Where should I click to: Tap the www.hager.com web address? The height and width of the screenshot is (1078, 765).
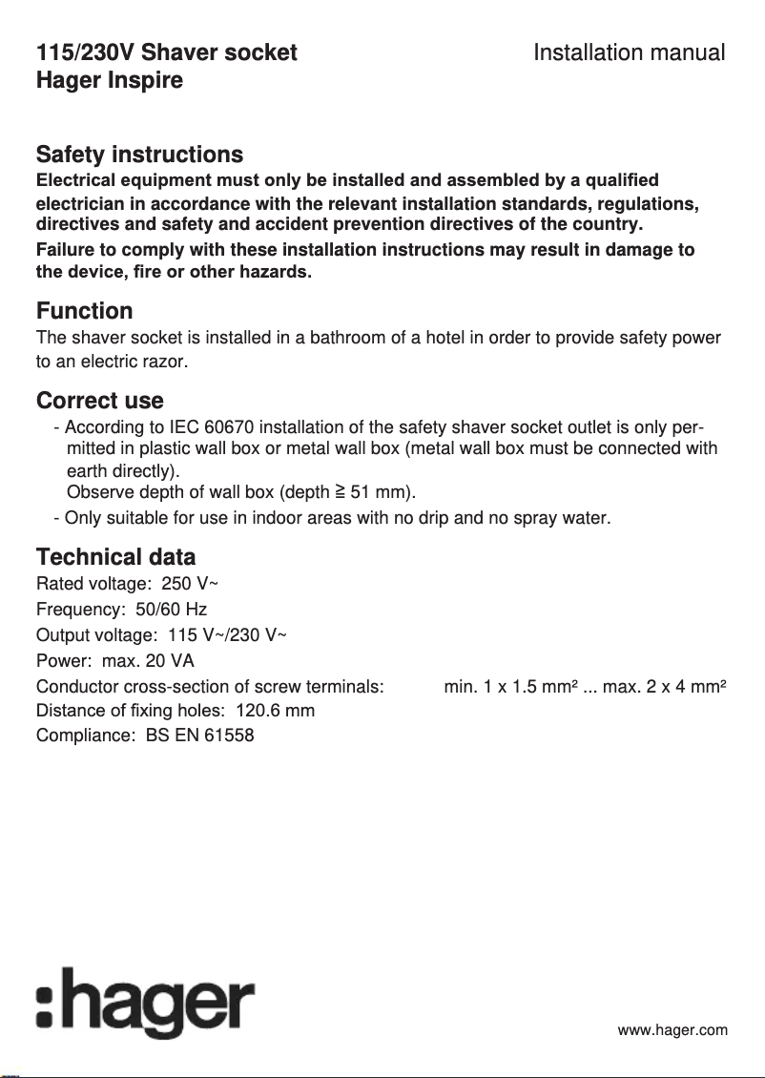[672, 1030]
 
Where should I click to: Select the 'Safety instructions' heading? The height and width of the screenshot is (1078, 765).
[139, 155]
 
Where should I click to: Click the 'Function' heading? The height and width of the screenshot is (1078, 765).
[84, 311]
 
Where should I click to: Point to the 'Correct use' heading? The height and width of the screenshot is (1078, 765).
[99, 401]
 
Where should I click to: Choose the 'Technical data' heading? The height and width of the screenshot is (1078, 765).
[115, 556]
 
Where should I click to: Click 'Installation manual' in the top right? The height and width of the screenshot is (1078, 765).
[629, 52]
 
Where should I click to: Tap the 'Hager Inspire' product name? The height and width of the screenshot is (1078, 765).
[109, 80]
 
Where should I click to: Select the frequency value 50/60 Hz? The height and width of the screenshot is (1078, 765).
[172, 610]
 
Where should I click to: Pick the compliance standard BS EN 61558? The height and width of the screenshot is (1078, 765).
[200, 736]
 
